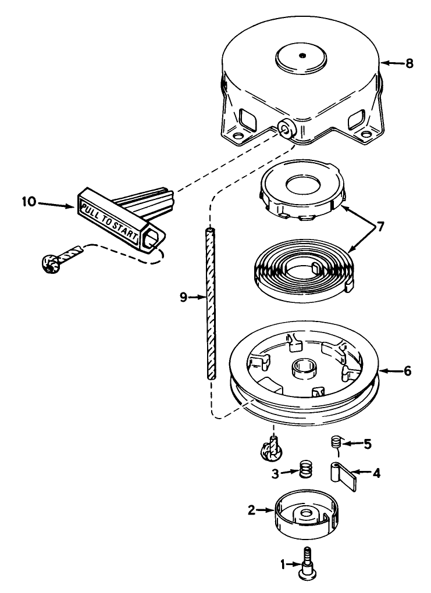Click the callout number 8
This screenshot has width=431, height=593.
[x=409, y=63]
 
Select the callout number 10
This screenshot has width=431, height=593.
[x=30, y=202]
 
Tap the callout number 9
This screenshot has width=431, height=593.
[x=183, y=297]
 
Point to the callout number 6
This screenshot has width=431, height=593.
[x=407, y=370]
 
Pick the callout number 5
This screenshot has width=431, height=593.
[x=367, y=444]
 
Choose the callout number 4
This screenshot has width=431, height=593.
[x=376, y=473]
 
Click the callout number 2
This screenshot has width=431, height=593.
[x=251, y=510]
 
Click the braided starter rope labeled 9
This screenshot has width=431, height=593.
[x=210, y=302]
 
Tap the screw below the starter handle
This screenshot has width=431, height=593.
[x=52, y=263]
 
